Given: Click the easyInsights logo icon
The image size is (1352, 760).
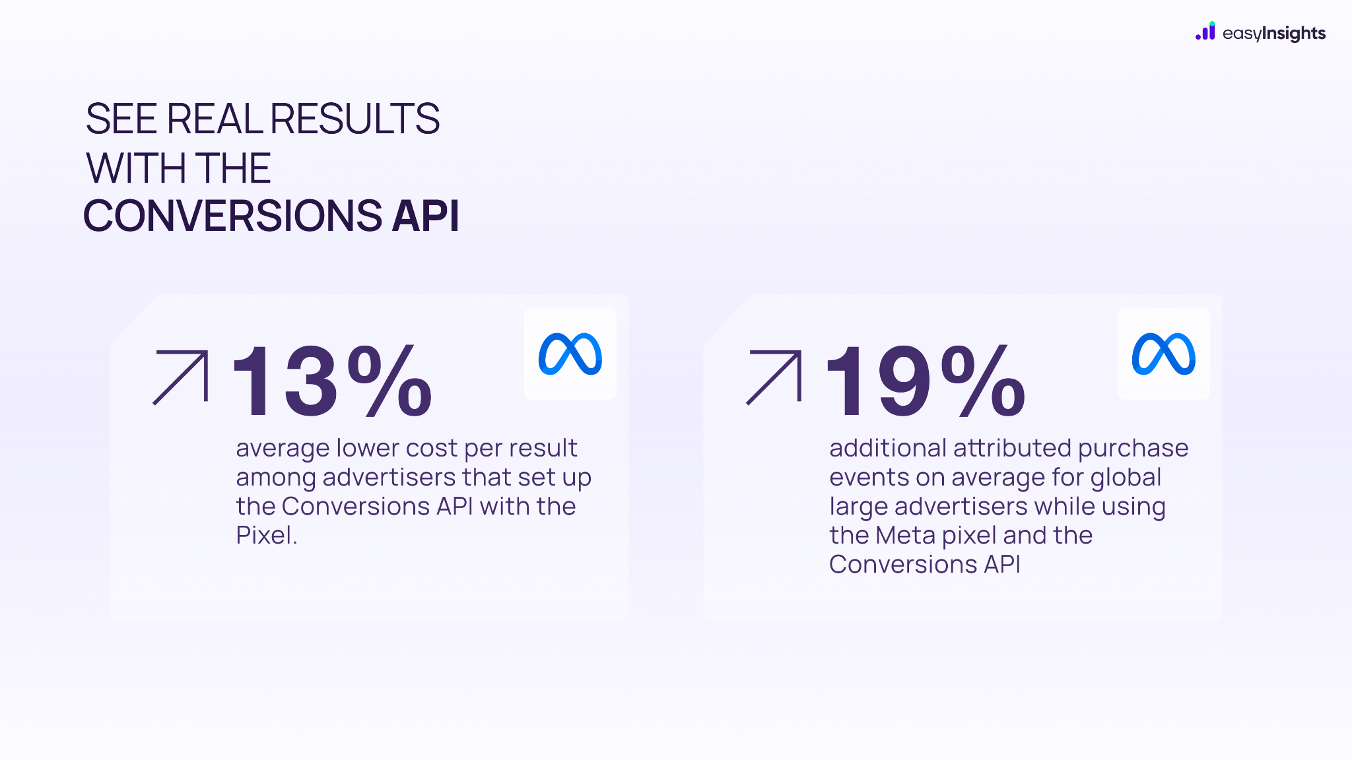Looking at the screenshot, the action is [1205, 31].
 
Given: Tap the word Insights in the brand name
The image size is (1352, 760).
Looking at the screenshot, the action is [1293, 34].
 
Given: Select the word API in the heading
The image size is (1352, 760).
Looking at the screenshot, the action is [425, 216].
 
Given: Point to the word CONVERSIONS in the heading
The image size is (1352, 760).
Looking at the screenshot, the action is [233, 216].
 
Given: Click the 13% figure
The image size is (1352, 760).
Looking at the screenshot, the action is [332, 381].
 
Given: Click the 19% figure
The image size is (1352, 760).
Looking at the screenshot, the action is [926, 381].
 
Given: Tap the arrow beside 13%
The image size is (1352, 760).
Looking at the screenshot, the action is [181, 377].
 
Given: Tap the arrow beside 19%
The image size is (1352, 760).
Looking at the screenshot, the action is [774, 377].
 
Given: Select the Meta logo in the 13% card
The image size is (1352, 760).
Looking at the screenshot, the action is [570, 354].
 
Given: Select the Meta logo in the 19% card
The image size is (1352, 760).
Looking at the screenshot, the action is [1164, 354].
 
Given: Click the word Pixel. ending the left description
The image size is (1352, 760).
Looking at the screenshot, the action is [267, 535].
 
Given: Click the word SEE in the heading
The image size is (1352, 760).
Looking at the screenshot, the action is [121, 119].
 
